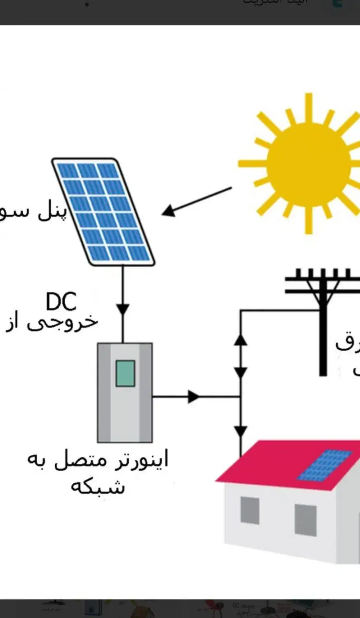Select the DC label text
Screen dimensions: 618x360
click(x=61, y=302)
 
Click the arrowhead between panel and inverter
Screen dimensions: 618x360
click(x=123, y=309)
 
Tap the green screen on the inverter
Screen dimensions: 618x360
click(x=125, y=373)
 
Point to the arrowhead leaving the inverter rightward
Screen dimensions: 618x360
click(x=194, y=397)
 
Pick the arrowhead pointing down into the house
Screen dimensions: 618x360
click(x=241, y=432)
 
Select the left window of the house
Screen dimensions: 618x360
click(x=250, y=510)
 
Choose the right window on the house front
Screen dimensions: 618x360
click(x=306, y=520)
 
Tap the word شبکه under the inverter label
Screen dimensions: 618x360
click(x=98, y=487)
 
